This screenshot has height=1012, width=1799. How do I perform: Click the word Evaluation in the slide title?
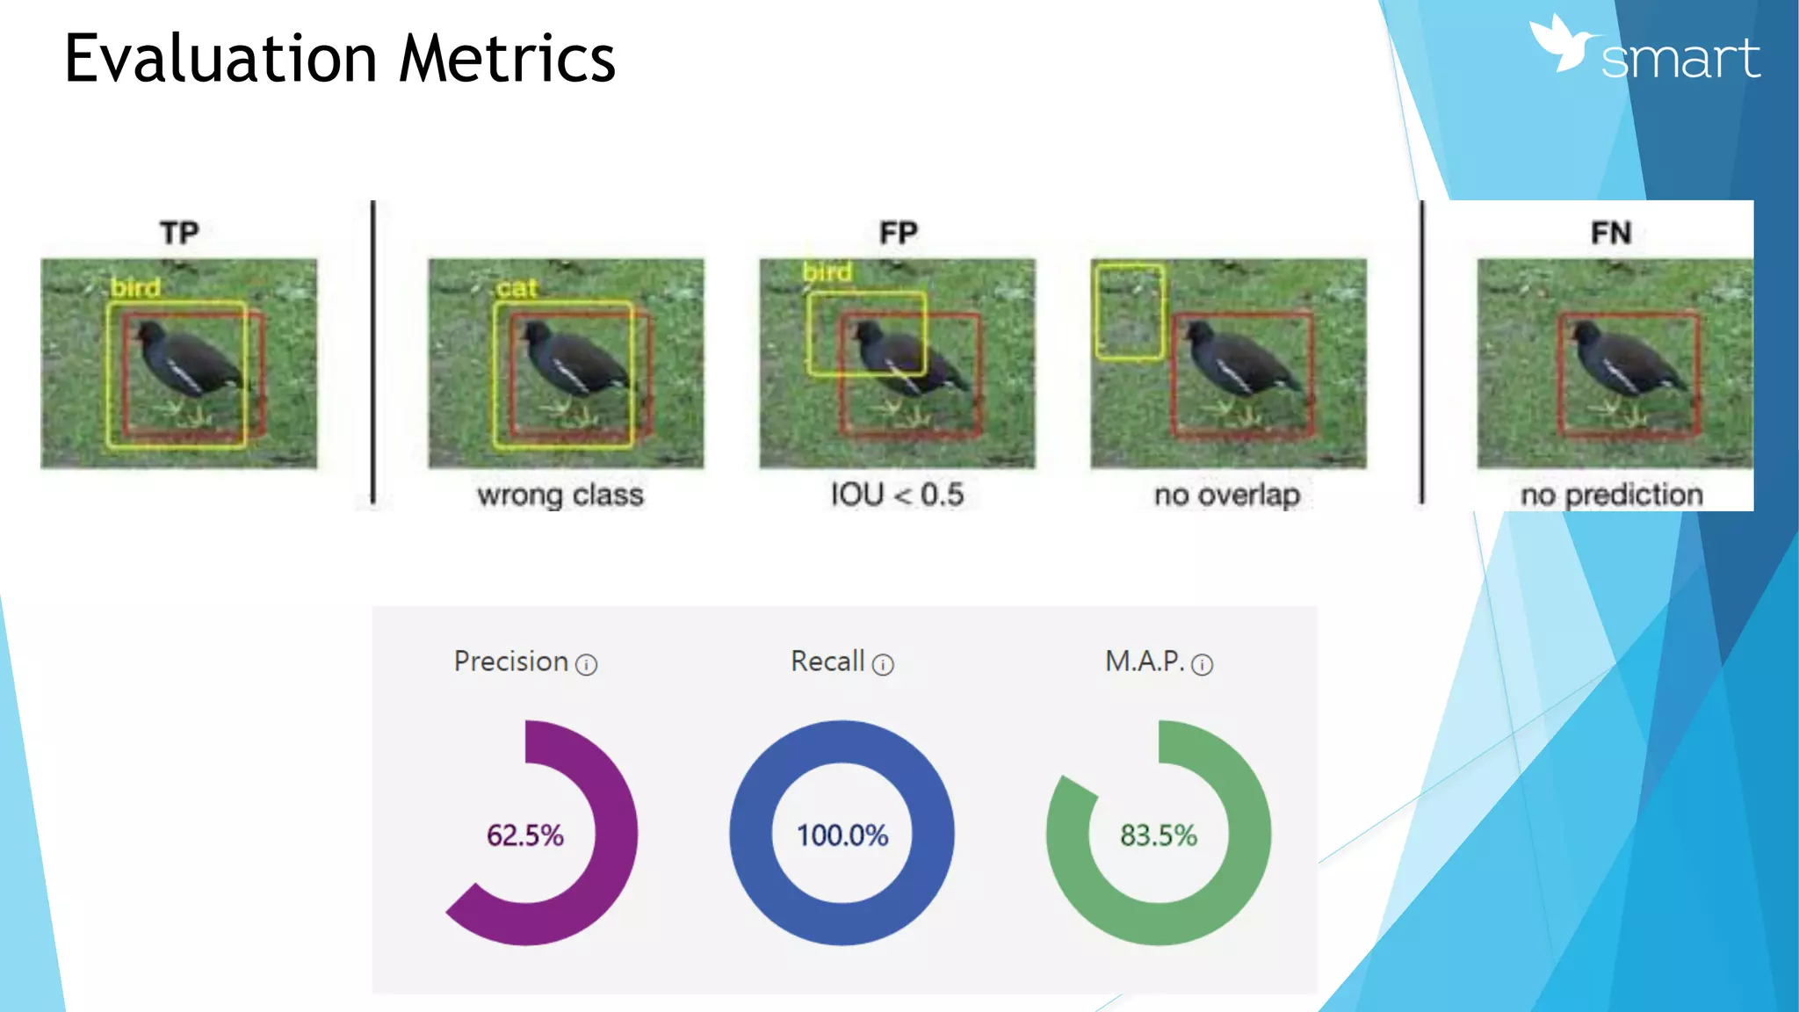point(220,59)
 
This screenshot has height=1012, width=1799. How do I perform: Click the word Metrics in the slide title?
point(507,59)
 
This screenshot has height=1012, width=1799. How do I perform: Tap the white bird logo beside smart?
point(1562,44)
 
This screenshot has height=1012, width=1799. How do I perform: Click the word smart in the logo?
point(1680,59)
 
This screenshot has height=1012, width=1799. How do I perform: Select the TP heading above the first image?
point(179,233)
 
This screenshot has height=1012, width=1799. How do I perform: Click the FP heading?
point(898,233)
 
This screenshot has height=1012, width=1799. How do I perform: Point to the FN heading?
point(1610,233)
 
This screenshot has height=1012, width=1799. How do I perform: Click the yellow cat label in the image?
point(516,288)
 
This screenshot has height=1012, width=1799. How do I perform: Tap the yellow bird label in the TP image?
point(135,288)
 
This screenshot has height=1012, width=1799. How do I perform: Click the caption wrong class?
point(560,495)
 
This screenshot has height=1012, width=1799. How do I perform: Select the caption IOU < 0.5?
point(897,495)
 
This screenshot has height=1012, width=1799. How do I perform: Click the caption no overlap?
point(1227,495)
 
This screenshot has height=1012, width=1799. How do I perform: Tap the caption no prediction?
point(1611,495)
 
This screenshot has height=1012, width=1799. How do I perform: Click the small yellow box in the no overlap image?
point(1130,312)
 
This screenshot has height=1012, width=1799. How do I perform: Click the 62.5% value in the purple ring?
point(525,835)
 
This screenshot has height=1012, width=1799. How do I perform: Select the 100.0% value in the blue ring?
point(842,835)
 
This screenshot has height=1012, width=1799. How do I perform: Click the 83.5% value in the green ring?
point(1158,835)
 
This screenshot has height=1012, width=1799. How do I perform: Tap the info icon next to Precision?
point(586,665)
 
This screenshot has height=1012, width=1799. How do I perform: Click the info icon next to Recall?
point(883,665)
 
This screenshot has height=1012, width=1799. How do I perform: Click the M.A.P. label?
point(1145,661)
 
